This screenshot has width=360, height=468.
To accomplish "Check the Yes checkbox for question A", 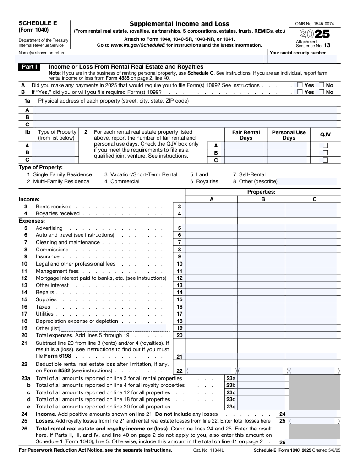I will (300, 85).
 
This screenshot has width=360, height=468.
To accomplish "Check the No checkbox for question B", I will (321, 92).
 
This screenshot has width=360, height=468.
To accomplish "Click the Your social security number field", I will (302, 59).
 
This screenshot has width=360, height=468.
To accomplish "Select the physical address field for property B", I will (185, 117).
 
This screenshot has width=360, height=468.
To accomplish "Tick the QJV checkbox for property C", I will (325, 160).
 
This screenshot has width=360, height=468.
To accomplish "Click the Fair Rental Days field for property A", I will (245, 146).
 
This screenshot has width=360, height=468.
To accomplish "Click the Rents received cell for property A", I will (211, 207).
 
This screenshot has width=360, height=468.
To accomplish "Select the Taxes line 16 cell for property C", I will (314, 307).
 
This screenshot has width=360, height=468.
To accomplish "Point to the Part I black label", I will (31, 67).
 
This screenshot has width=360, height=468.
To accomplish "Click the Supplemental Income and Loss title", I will (179, 24).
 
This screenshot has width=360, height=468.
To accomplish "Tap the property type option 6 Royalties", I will (204, 181).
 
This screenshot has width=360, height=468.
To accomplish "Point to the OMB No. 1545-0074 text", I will (314, 23).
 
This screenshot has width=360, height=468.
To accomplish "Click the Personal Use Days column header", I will (289, 135).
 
